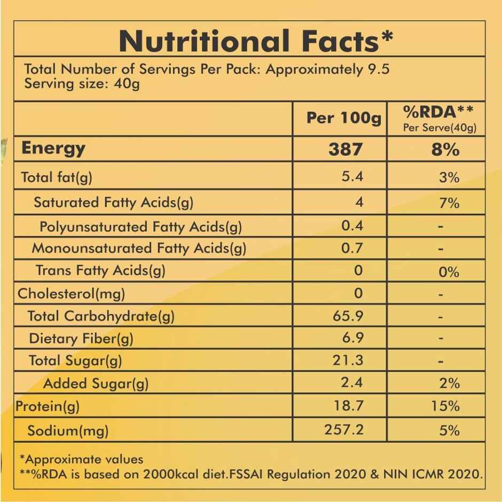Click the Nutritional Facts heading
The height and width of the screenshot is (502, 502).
pos(256,41)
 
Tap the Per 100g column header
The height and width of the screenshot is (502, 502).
pos(343,118)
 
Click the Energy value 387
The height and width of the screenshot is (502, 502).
pos(345,149)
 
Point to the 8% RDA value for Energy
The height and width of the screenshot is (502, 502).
pos(445,149)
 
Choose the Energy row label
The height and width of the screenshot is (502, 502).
pos(53,148)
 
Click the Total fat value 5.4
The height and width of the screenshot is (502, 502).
pos(352,177)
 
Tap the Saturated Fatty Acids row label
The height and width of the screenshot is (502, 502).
pos(113,202)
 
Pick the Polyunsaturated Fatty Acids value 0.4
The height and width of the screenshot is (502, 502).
pos(352,225)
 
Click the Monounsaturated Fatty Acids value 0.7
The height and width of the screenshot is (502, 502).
pos(352,248)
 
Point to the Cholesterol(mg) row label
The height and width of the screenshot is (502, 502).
pos(71,293)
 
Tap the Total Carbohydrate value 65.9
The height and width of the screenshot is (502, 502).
pos(348,316)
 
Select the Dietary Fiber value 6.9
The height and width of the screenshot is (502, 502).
pos(352,338)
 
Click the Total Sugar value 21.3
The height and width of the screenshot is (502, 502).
pos(348,360)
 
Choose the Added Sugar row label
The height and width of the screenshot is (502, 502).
pos(96,383)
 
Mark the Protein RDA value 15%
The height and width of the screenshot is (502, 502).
pos(445,406)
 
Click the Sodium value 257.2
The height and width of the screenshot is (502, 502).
pos(344,429)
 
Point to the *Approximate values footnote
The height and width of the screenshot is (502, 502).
pos(81,459)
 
